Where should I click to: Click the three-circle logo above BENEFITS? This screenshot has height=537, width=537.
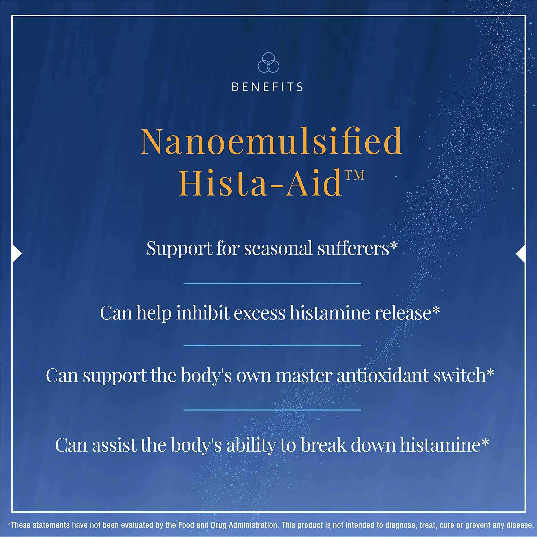[268, 63]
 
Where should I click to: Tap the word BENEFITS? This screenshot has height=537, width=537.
[267, 87]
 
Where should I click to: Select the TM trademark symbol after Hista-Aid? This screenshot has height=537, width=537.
[354, 175]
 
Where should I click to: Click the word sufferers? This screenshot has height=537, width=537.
[353, 248]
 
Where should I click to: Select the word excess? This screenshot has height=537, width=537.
[259, 313]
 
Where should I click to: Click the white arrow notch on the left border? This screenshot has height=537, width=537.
[17, 253]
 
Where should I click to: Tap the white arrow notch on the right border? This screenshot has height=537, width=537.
[520, 253]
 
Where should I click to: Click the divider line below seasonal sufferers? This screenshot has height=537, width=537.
[272, 283]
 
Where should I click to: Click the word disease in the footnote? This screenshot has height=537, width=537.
[520, 525]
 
